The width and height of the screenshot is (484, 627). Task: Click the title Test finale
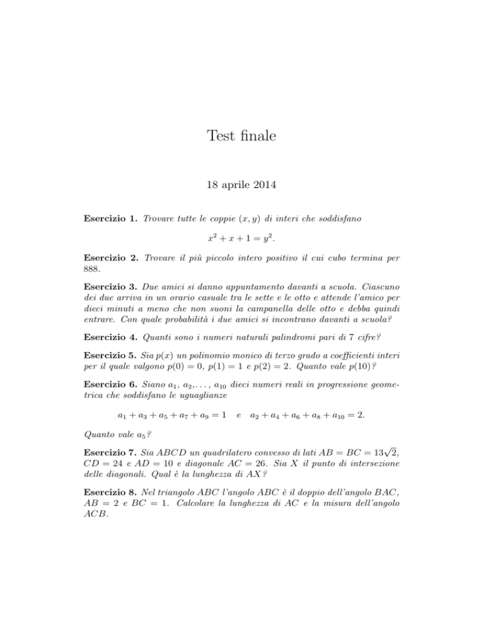[241, 134]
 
